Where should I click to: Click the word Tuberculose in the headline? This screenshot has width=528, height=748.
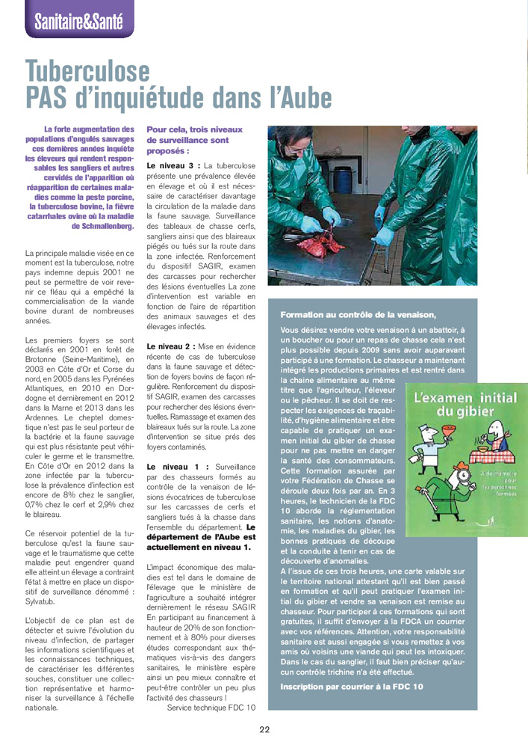[x=88, y=72]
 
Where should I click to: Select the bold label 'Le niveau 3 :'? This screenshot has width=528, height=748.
[x=174, y=165]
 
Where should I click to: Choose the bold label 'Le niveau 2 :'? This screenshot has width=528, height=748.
[x=173, y=346]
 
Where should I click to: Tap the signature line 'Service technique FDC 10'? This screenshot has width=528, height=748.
[x=211, y=707]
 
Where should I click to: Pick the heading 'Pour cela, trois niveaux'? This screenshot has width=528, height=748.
[x=194, y=129]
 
